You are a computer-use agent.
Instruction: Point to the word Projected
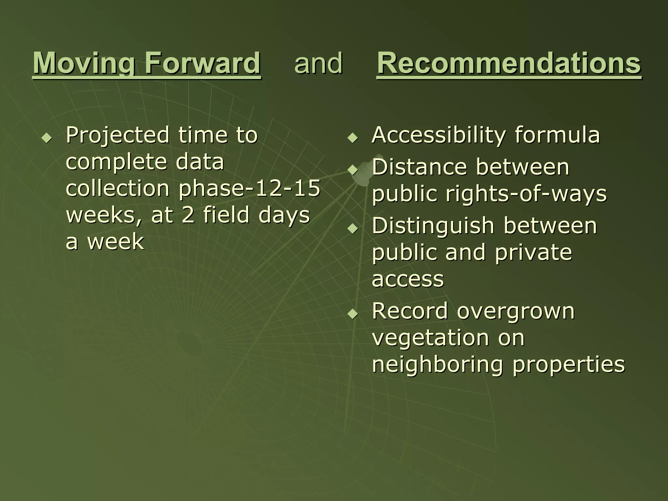coord(117,135)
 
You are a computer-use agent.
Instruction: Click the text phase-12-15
coord(250,188)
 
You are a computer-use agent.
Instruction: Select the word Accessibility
coord(439,135)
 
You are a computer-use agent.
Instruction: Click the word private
coord(533,253)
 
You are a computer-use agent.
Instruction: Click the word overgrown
coord(515,311)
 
